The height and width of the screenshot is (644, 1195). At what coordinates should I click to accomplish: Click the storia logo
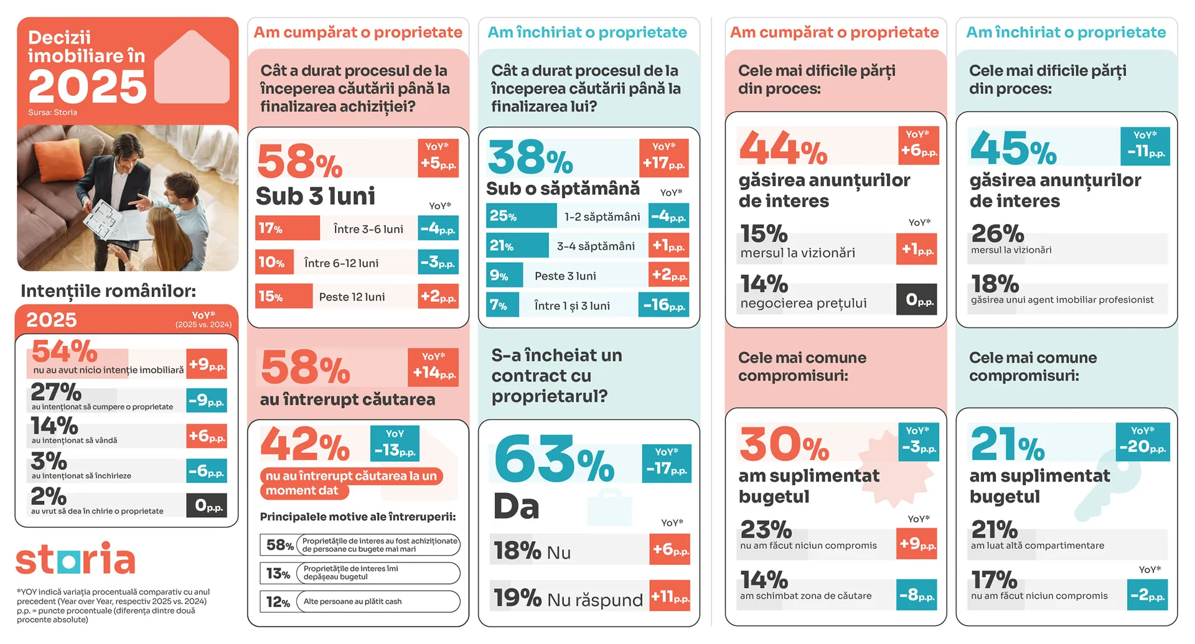click(x=75, y=558)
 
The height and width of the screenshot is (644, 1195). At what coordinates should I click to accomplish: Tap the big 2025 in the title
click(x=87, y=86)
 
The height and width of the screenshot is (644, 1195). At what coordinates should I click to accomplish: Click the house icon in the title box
click(x=192, y=68)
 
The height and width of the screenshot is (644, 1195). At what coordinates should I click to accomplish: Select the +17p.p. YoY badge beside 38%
click(x=663, y=158)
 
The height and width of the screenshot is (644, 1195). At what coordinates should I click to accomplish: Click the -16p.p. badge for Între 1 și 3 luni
click(x=663, y=305)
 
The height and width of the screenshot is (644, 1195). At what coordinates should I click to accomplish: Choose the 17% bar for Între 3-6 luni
click(x=287, y=228)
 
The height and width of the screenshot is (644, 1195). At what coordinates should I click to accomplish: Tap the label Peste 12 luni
click(x=352, y=297)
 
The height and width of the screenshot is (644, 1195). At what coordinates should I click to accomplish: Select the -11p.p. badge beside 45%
click(x=1145, y=146)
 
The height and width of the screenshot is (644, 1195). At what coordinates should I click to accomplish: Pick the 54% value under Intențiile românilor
click(x=65, y=352)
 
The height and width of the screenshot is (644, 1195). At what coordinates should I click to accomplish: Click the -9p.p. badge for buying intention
click(x=207, y=401)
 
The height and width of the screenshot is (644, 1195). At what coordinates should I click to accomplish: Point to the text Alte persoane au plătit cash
click(x=352, y=602)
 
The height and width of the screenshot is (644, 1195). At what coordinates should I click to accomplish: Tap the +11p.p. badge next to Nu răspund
click(x=670, y=597)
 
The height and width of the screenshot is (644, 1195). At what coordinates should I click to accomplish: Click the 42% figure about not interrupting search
click(x=305, y=445)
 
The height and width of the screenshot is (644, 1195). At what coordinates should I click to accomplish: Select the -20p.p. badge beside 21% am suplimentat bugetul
click(x=1142, y=442)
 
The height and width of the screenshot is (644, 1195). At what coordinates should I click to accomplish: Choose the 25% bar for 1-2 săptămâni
click(x=521, y=216)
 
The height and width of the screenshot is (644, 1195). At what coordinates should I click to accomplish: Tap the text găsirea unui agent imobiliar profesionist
click(x=1062, y=300)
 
